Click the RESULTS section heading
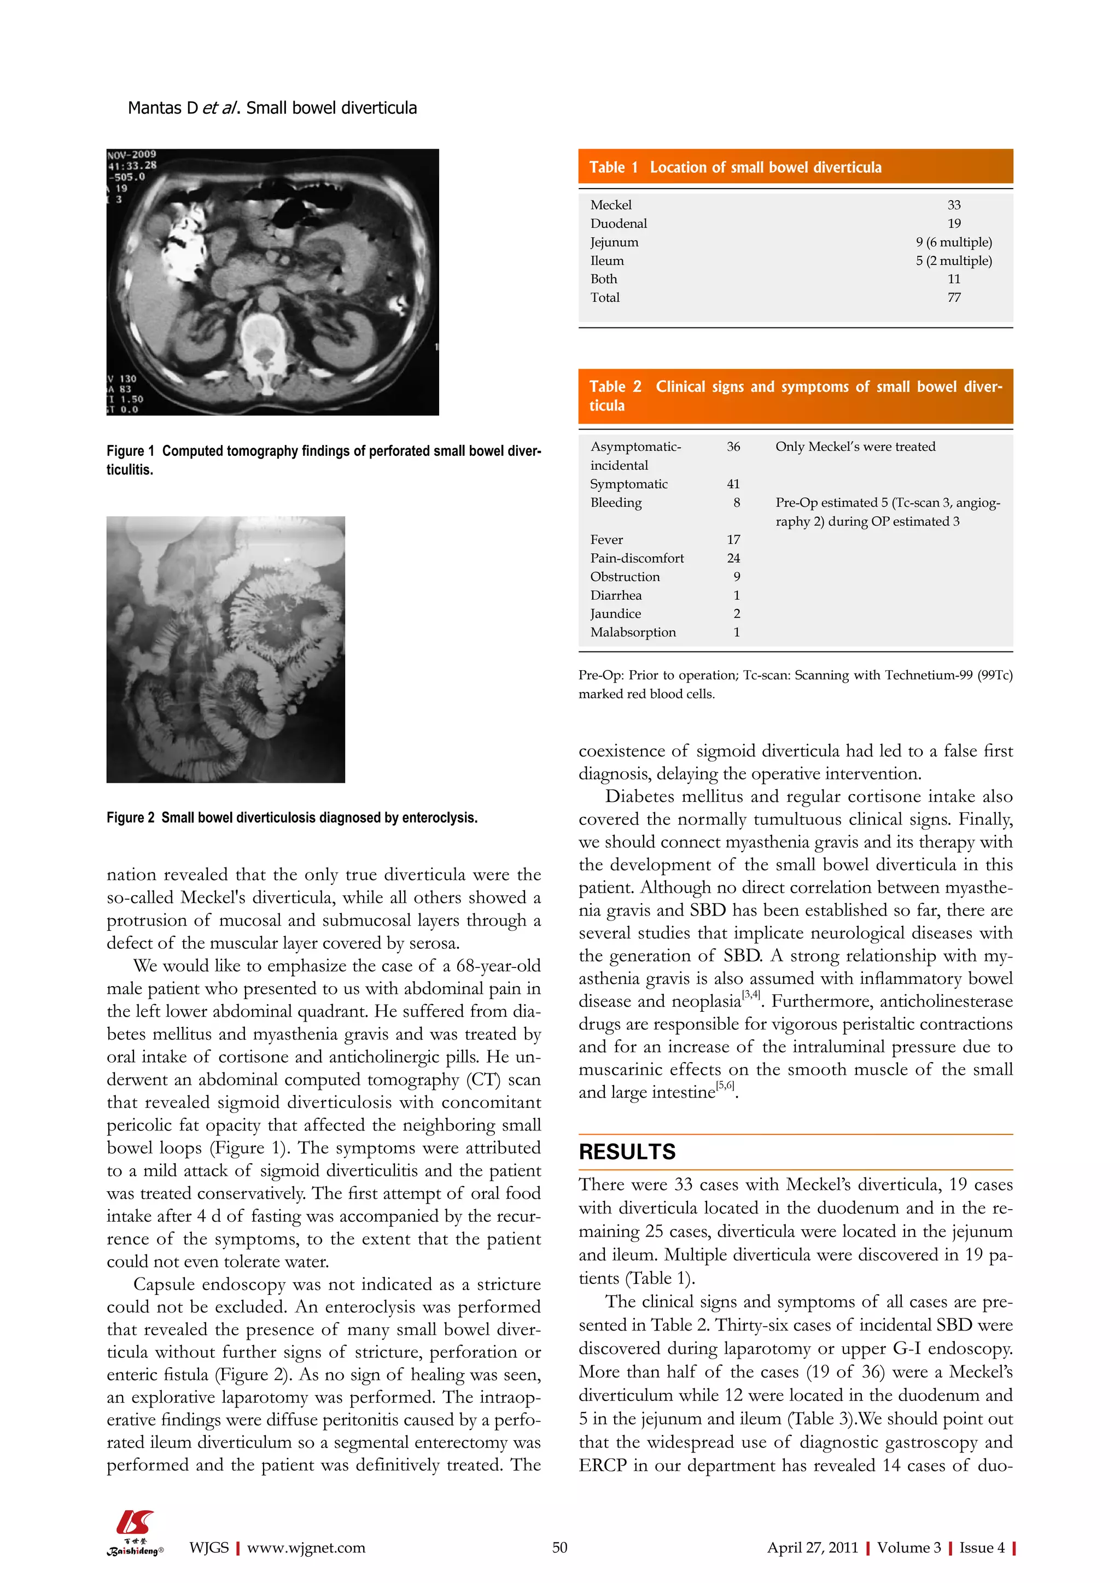[x=626, y=1152]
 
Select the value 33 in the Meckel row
[x=953, y=205]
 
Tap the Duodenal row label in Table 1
[x=618, y=224]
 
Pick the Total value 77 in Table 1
[x=953, y=297]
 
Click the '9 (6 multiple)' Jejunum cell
[x=953, y=242]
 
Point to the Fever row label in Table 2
[x=605, y=539]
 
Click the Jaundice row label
[x=615, y=614]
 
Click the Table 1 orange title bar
[x=795, y=167]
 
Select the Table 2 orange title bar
[x=795, y=396]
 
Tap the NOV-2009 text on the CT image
[x=132, y=155]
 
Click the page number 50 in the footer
[x=559, y=1547]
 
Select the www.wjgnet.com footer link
[x=306, y=1547]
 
